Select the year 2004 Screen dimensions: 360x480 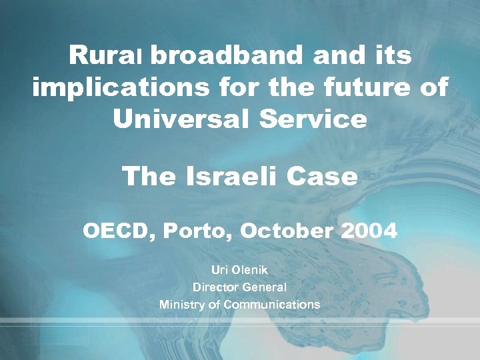[x=369, y=232]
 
